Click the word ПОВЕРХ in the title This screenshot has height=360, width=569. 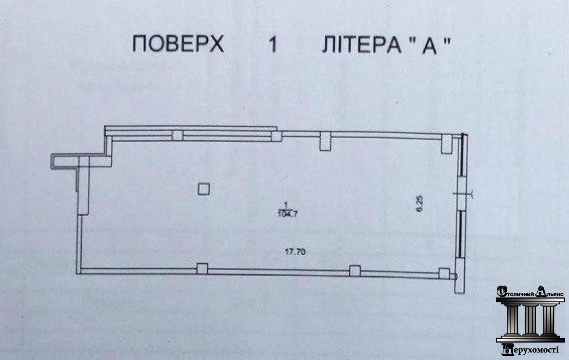pyautogui.click(x=178, y=44)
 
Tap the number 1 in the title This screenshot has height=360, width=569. pyautogui.click(x=273, y=44)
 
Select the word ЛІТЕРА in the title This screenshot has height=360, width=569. pyautogui.click(x=361, y=45)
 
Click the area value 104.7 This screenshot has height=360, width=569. pyautogui.click(x=288, y=214)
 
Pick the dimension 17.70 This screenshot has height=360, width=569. pyautogui.click(x=295, y=252)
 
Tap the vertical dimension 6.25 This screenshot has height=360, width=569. pyautogui.click(x=419, y=203)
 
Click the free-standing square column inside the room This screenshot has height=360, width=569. pyautogui.click(x=204, y=189)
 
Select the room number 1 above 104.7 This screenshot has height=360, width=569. pyautogui.click(x=286, y=204)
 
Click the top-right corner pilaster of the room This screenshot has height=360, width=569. pyautogui.click(x=447, y=144)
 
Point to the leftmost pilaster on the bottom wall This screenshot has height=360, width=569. pyautogui.click(x=202, y=269)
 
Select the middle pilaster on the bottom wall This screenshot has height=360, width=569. pyautogui.click(x=355, y=271)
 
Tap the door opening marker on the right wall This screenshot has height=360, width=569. pyautogui.click(x=462, y=194)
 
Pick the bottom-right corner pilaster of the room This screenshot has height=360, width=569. pyautogui.click(x=444, y=273)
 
